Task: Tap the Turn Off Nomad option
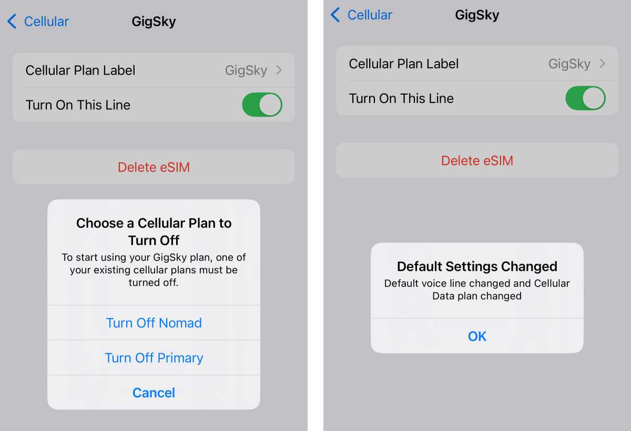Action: coord(154,323)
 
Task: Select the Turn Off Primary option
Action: coord(154,358)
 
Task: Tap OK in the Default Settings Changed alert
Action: coord(477,336)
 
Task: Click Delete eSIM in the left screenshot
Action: coord(154,167)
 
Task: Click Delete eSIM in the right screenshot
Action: coord(477,160)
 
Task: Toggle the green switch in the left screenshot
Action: coord(262,105)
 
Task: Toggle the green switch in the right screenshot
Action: coord(585,98)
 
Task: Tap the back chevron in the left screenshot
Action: coord(12,22)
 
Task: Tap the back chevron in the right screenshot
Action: coord(335,15)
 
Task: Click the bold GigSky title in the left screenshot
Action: coord(154,22)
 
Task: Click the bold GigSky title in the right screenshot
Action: coord(477,15)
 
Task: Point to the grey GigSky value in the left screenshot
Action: coord(246,70)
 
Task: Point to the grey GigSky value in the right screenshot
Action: coord(569,64)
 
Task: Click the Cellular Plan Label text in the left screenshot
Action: coord(80,70)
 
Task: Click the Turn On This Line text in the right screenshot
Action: coord(401,98)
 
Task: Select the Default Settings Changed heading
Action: coord(477,266)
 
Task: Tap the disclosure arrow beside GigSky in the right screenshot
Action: coord(603,64)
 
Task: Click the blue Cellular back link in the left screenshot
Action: coord(46,22)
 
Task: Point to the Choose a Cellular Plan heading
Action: coord(154,231)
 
